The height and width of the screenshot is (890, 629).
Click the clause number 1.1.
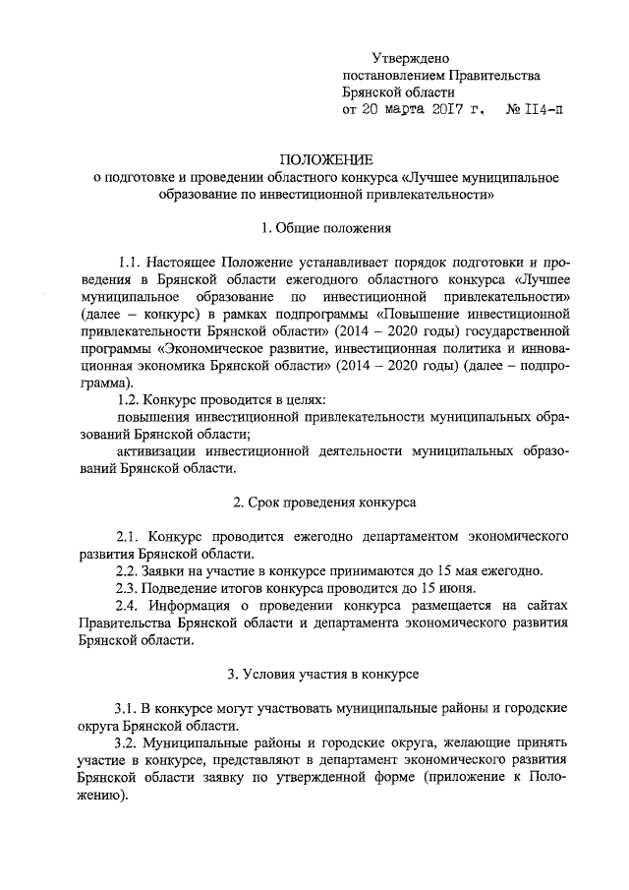130,263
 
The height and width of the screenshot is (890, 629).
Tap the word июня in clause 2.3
435,588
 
